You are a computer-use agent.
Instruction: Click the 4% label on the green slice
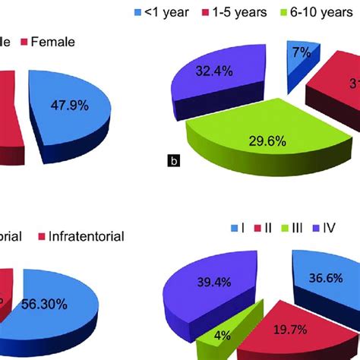[223, 334]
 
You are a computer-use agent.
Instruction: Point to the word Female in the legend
[54, 43]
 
